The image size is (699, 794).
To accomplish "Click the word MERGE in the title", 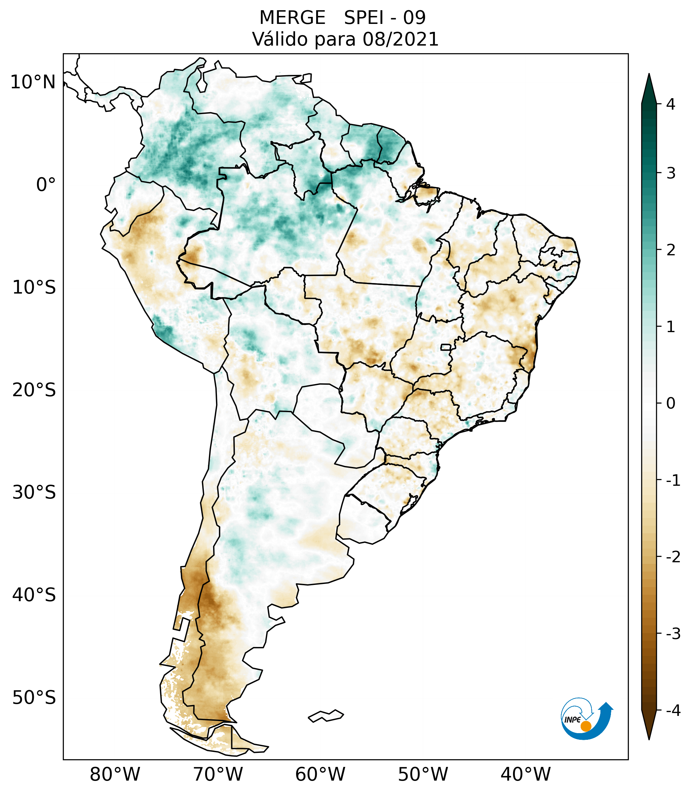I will (292, 18).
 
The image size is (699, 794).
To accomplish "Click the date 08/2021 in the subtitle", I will (400, 39).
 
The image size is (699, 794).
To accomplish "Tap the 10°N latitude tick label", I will (33, 82).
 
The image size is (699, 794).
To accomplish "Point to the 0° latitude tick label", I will (46, 185).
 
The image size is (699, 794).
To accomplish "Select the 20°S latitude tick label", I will (34, 390).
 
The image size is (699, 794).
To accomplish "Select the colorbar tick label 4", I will (671, 104).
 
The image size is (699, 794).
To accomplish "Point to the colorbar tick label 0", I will (671, 404).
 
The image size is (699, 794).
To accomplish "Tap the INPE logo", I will (586, 719).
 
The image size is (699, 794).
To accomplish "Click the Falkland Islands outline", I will (326, 716).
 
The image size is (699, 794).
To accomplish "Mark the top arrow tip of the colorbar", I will (649, 75).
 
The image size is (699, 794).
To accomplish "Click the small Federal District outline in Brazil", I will (446, 347).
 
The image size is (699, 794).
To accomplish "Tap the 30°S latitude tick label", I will (34, 492).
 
